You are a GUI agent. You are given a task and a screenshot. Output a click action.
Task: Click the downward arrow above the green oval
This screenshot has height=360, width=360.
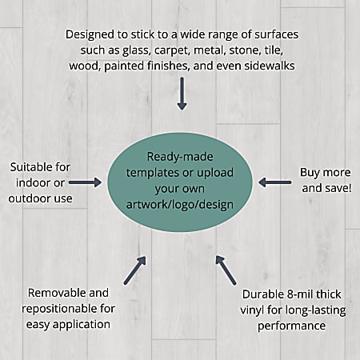(182, 94)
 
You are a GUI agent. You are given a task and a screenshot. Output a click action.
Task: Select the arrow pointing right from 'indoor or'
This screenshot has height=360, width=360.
(85, 182)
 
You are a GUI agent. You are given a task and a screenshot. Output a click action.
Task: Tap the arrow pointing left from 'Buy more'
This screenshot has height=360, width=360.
(274, 182)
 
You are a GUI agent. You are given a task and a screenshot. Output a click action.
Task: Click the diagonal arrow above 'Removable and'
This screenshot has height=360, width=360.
(135, 270)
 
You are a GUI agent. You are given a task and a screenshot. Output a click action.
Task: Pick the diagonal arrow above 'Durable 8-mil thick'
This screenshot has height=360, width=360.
(226, 270)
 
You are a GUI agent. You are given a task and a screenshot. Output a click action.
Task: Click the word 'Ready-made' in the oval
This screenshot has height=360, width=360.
(180, 157)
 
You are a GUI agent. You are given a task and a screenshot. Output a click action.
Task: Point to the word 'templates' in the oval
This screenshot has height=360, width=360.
(154, 173)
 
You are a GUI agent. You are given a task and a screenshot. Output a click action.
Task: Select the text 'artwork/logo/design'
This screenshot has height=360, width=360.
(180, 205)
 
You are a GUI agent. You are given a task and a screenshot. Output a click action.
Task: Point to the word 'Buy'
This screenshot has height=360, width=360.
(309, 173)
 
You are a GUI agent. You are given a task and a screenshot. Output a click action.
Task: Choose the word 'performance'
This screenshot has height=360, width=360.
(291, 326)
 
